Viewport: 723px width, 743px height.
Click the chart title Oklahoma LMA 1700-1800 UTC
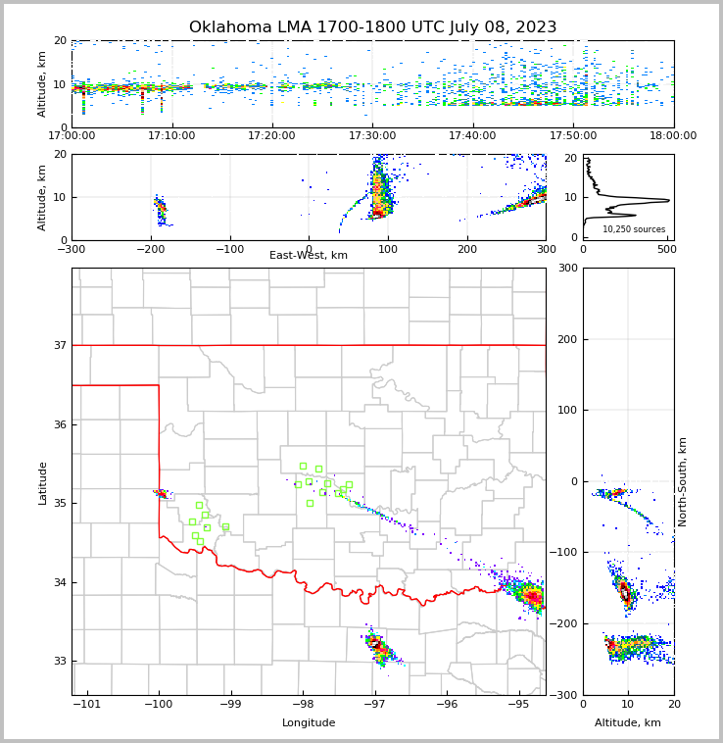372,27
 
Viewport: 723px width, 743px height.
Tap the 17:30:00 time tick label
372,136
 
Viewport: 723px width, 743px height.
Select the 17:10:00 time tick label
172,136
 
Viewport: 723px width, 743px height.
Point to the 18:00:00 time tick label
673,136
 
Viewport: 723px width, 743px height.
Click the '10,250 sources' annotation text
634,229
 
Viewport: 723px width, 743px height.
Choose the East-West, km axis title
309,256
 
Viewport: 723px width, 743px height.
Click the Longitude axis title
309,723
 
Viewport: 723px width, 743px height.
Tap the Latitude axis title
42,482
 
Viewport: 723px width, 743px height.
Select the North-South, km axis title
683,481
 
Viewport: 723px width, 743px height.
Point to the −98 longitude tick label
303,705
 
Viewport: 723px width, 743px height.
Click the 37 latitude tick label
59,345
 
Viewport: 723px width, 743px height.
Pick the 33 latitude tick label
59,662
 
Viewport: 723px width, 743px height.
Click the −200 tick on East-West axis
151,249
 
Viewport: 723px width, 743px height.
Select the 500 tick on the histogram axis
665,249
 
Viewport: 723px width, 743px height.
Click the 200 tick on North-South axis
565,339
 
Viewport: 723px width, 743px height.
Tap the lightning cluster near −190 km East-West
161,210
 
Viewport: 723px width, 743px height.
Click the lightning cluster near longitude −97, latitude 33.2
377,645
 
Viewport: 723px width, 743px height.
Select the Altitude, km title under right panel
628,723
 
